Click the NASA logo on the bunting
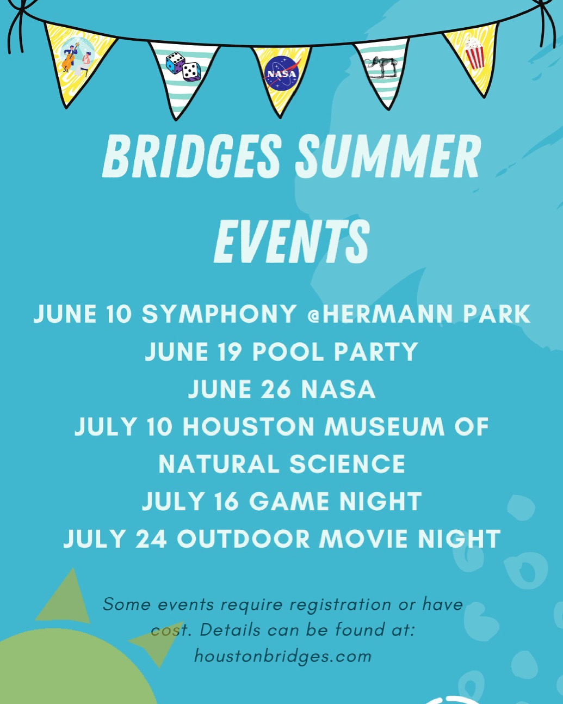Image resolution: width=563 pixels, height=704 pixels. click(281, 73)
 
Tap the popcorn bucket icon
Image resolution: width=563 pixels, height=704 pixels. click(474, 53)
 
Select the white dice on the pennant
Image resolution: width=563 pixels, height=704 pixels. click(191, 72)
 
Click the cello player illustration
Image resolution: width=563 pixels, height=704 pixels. click(69, 57)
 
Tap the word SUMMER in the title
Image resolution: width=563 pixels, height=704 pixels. click(388, 156)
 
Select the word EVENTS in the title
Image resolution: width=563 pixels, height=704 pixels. click(292, 241)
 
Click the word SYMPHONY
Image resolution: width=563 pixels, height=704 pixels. click(219, 314)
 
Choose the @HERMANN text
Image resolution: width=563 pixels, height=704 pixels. click(380, 314)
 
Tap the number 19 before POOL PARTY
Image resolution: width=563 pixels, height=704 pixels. click(230, 352)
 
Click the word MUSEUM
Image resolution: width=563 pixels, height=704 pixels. click(384, 426)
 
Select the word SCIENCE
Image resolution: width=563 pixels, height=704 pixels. click(347, 464)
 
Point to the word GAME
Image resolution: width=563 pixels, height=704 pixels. click(289, 501)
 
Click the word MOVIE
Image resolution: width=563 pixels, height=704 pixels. click(363, 539)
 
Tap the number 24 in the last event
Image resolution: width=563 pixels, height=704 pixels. click(151, 539)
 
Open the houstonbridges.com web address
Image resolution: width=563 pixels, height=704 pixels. click(283, 656)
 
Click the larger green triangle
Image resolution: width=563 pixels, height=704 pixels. click(65, 598)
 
